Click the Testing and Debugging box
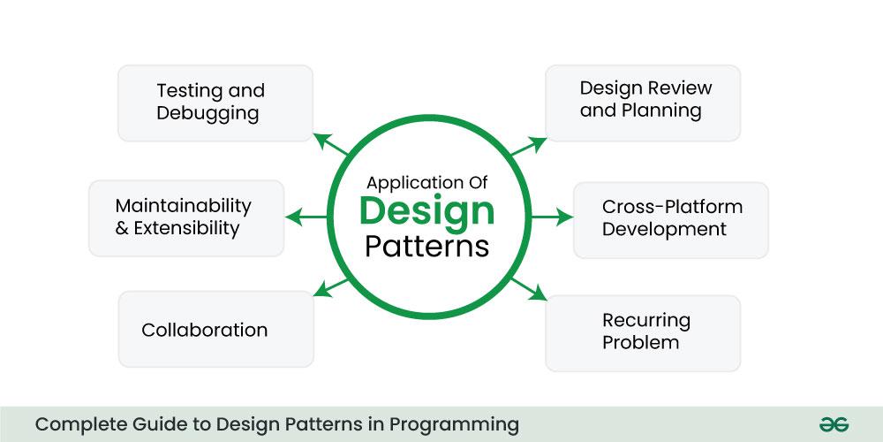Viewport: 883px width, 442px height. [x=215, y=103]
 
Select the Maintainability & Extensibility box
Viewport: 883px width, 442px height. [x=186, y=217]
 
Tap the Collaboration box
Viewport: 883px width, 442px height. [x=215, y=330]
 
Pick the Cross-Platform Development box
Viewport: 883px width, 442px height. [x=671, y=218]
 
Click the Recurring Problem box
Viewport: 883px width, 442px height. [x=643, y=331]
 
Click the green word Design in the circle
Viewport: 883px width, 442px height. [x=426, y=211]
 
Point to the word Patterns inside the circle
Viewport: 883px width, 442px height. [x=426, y=245]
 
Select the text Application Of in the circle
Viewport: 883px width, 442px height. [x=426, y=183]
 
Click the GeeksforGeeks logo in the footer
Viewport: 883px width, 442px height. [x=833, y=424]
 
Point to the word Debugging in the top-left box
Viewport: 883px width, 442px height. [x=208, y=113]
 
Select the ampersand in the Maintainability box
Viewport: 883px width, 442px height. [x=122, y=228]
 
